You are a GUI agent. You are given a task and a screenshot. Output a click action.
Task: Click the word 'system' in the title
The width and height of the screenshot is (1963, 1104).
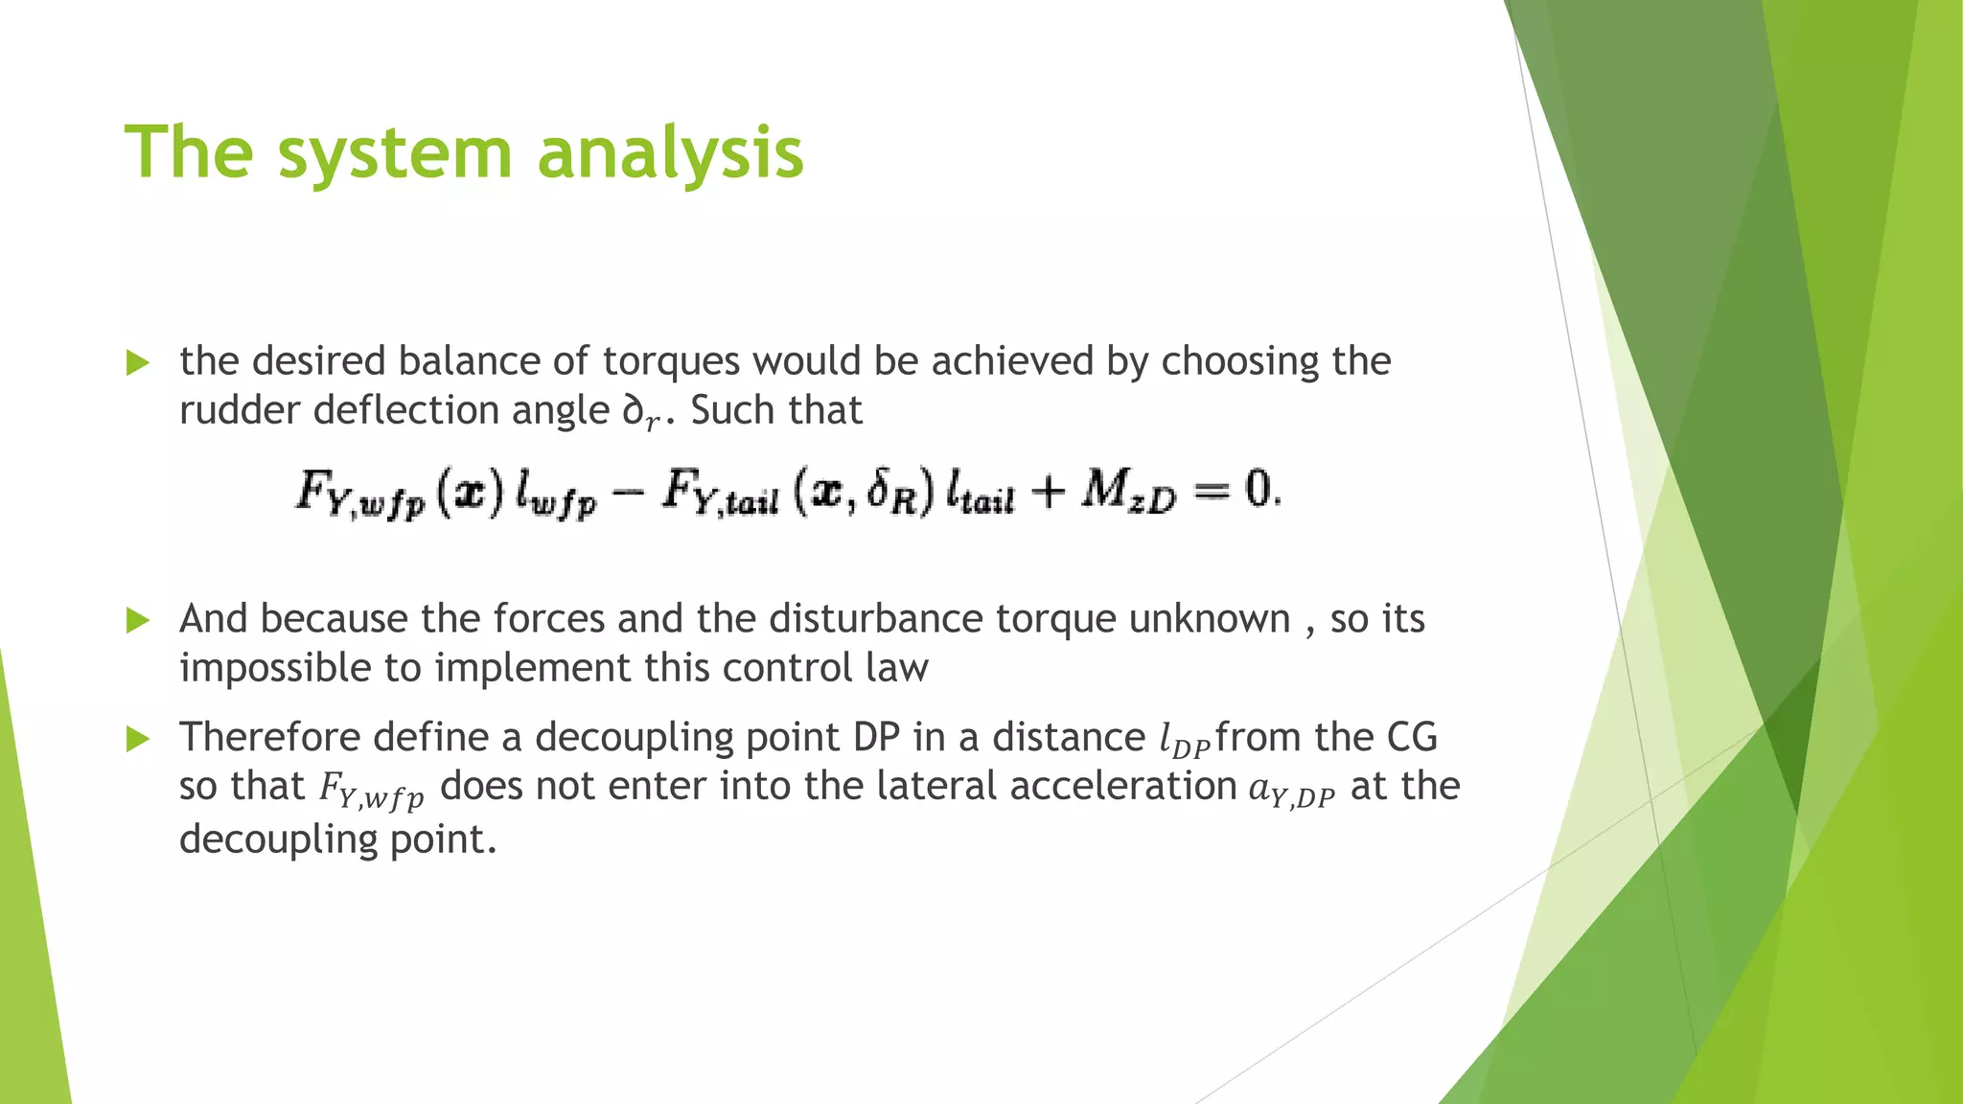(395, 153)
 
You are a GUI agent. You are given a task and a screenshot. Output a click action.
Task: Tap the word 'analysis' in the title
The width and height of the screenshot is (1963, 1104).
(670, 153)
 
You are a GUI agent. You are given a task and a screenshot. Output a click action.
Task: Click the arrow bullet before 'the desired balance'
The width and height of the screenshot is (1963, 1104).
(138, 363)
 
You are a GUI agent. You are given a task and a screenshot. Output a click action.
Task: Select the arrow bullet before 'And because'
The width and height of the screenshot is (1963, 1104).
(138, 621)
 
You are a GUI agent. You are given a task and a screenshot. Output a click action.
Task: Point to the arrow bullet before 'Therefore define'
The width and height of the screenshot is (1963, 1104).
(138, 739)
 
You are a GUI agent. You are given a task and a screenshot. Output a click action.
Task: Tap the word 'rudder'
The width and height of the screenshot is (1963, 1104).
(240, 411)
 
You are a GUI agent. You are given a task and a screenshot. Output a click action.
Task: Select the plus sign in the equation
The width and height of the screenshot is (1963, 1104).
(1048, 493)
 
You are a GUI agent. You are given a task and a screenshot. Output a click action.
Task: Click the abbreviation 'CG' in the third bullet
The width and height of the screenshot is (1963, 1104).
(1412, 737)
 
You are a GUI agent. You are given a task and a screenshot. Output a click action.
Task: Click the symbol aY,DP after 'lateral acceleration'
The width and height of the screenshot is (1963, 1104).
(1291, 791)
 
